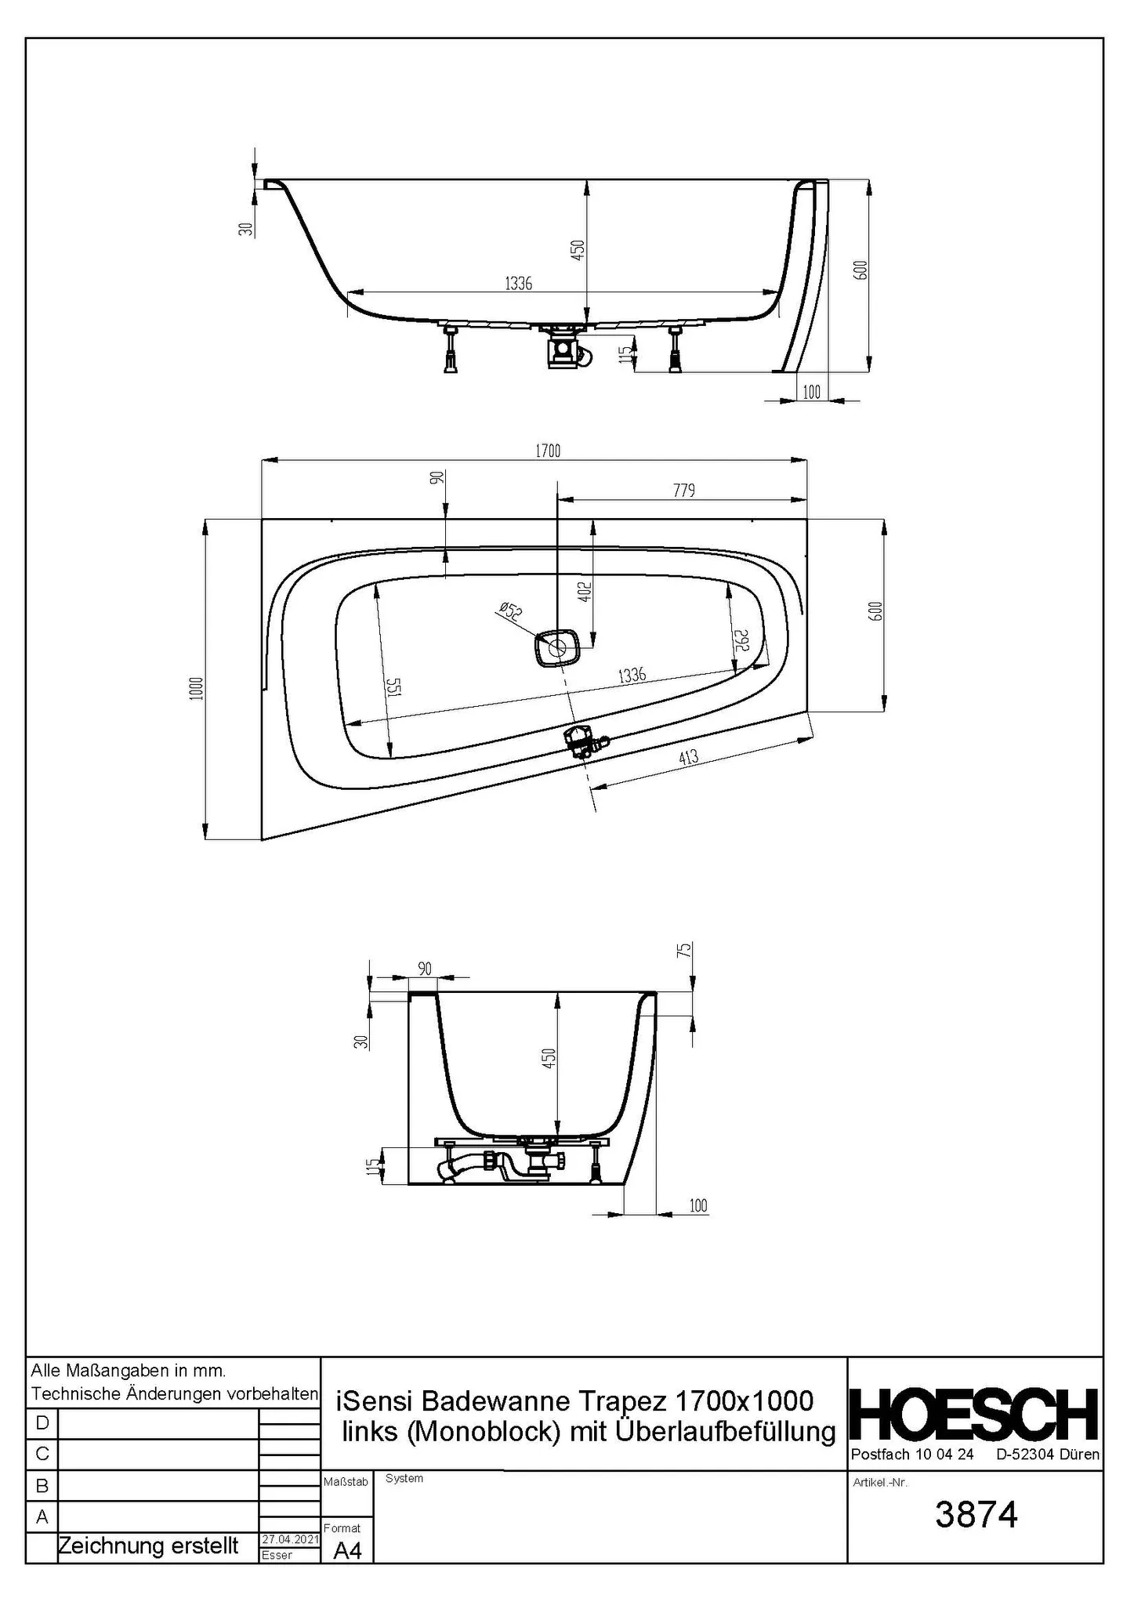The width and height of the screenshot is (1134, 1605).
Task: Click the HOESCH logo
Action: click(x=974, y=1415)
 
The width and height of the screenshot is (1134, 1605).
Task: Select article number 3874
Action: click(x=976, y=1515)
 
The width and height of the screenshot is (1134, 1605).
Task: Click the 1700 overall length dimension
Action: click(x=548, y=451)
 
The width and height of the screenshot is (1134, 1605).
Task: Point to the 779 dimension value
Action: click(x=684, y=491)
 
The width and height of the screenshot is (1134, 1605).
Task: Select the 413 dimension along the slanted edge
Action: click(x=689, y=757)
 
